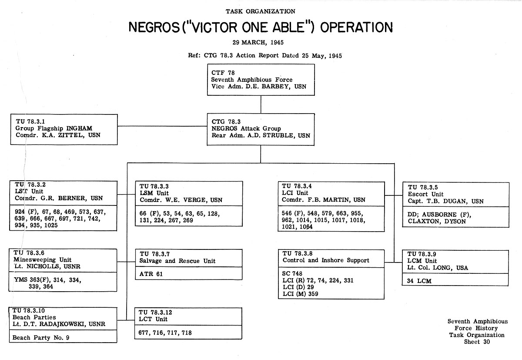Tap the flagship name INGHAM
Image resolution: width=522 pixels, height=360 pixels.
click(79, 128)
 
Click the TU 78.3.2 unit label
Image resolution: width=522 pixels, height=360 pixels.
click(30, 185)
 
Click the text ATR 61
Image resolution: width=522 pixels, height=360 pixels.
click(151, 274)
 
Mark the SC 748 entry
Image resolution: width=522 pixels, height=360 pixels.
click(292, 273)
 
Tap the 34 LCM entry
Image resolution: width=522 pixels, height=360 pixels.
click(419, 281)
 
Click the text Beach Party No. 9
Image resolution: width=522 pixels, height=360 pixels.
click(41, 338)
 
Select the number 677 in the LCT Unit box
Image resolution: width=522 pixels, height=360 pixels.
click(144, 333)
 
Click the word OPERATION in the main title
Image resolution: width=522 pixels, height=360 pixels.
click(356, 27)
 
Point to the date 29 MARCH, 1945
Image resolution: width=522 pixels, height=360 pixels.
click(258, 42)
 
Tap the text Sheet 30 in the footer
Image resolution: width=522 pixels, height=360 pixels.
click(477, 342)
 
